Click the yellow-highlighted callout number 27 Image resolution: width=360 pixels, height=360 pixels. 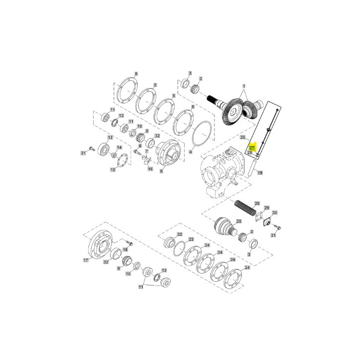coord(252,148)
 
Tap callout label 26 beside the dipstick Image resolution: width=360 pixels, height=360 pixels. coord(250,153)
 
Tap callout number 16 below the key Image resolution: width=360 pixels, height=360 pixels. coord(150,168)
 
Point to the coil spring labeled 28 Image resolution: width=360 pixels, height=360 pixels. coord(245,211)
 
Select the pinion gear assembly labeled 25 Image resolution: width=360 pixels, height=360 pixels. coord(224,227)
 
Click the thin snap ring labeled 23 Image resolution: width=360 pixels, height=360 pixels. coord(179,250)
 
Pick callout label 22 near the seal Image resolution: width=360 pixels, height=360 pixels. coord(179,235)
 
